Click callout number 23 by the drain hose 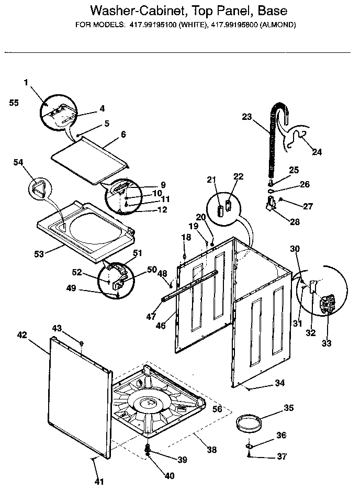coord(247,117)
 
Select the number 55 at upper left coord(14,103)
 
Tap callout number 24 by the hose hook coord(317,152)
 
